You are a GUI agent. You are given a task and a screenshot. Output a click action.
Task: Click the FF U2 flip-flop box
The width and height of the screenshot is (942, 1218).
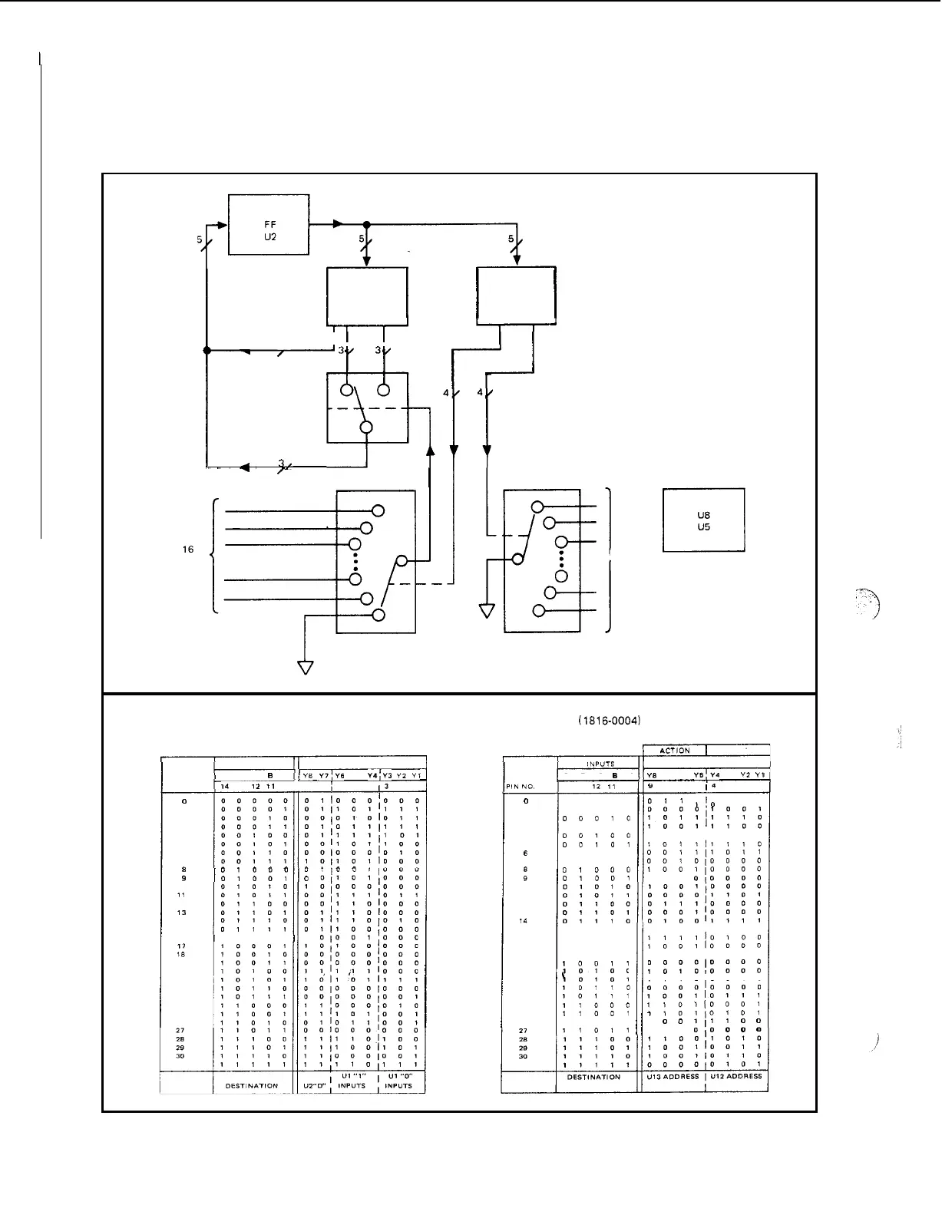(269, 225)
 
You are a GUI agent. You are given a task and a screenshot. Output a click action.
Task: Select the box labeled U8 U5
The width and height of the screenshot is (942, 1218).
(703, 521)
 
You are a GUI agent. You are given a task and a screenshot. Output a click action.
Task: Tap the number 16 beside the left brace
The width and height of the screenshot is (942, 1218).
(188, 550)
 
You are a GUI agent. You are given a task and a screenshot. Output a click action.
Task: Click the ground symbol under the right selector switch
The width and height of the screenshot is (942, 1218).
(487, 611)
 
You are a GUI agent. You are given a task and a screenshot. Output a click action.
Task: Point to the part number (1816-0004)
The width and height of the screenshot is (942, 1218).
(609, 721)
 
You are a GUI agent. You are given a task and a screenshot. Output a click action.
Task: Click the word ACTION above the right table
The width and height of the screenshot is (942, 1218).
(675, 751)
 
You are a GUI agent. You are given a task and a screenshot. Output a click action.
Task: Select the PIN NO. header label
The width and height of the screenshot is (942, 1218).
(520, 787)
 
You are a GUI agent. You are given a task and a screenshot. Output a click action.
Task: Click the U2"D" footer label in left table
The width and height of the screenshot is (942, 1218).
(315, 1085)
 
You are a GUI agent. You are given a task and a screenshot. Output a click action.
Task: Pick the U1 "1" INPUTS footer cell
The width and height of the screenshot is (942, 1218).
(352, 1081)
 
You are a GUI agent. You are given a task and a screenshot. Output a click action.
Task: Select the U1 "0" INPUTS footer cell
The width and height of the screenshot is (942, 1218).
(398, 1081)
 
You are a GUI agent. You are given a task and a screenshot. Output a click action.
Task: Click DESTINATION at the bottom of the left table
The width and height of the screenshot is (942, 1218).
(252, 1085)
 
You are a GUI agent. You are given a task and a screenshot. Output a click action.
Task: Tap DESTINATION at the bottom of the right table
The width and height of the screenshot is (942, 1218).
(593, 1077)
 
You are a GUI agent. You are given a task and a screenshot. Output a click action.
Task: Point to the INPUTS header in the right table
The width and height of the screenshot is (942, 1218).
(600, 764)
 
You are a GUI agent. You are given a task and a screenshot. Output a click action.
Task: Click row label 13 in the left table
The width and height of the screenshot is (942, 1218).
(182, 913)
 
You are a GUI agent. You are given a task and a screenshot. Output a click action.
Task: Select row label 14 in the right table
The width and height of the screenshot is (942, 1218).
(523, 921)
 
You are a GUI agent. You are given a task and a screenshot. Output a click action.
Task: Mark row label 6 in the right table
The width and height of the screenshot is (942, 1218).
(525, 853)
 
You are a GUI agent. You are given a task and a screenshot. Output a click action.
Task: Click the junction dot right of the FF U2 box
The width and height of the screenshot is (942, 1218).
(367, 225)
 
